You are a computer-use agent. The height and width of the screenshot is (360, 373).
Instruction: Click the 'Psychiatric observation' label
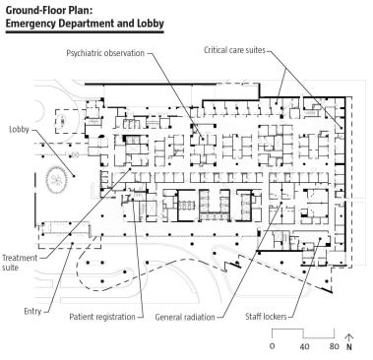tap(105, 53)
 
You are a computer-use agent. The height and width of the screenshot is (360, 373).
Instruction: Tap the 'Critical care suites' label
tap(234, 50)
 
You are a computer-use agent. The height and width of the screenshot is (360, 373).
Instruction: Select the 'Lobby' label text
tap(19, 129)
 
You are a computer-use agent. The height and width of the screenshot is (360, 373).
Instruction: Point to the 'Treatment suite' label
tap(20, 263)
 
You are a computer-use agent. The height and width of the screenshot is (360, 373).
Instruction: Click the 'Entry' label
tap(32, 311)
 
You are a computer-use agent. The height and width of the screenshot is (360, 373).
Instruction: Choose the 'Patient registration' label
tap(102, 317)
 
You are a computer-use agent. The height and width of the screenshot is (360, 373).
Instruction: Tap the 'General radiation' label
tap(185, 317)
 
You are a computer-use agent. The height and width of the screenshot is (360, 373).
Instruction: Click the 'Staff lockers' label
tap(266, 317)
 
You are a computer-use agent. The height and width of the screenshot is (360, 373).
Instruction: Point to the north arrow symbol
tap(349, 338)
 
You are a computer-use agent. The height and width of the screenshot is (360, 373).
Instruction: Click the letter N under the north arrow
tap(349, 347)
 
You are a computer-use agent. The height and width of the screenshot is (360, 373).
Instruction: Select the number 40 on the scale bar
tap(304, 346)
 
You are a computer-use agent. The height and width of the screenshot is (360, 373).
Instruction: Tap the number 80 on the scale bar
tap(334, 346)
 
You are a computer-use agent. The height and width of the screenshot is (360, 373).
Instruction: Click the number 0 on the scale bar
tap(272, 346)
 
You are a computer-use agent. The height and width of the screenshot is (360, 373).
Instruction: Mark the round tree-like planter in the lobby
tap(56, 179)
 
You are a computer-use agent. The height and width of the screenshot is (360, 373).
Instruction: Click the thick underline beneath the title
tap(85, 32)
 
